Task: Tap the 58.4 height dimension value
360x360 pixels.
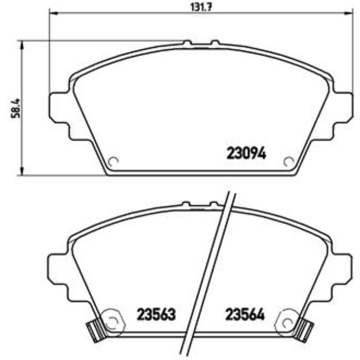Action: coord(17,107)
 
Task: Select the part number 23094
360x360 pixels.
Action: coord(246,153)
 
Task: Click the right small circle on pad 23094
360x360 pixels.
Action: coord(288,161)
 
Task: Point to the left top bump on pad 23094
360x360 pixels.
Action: coord(187,42)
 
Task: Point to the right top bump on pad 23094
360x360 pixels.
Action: coord(214,42)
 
